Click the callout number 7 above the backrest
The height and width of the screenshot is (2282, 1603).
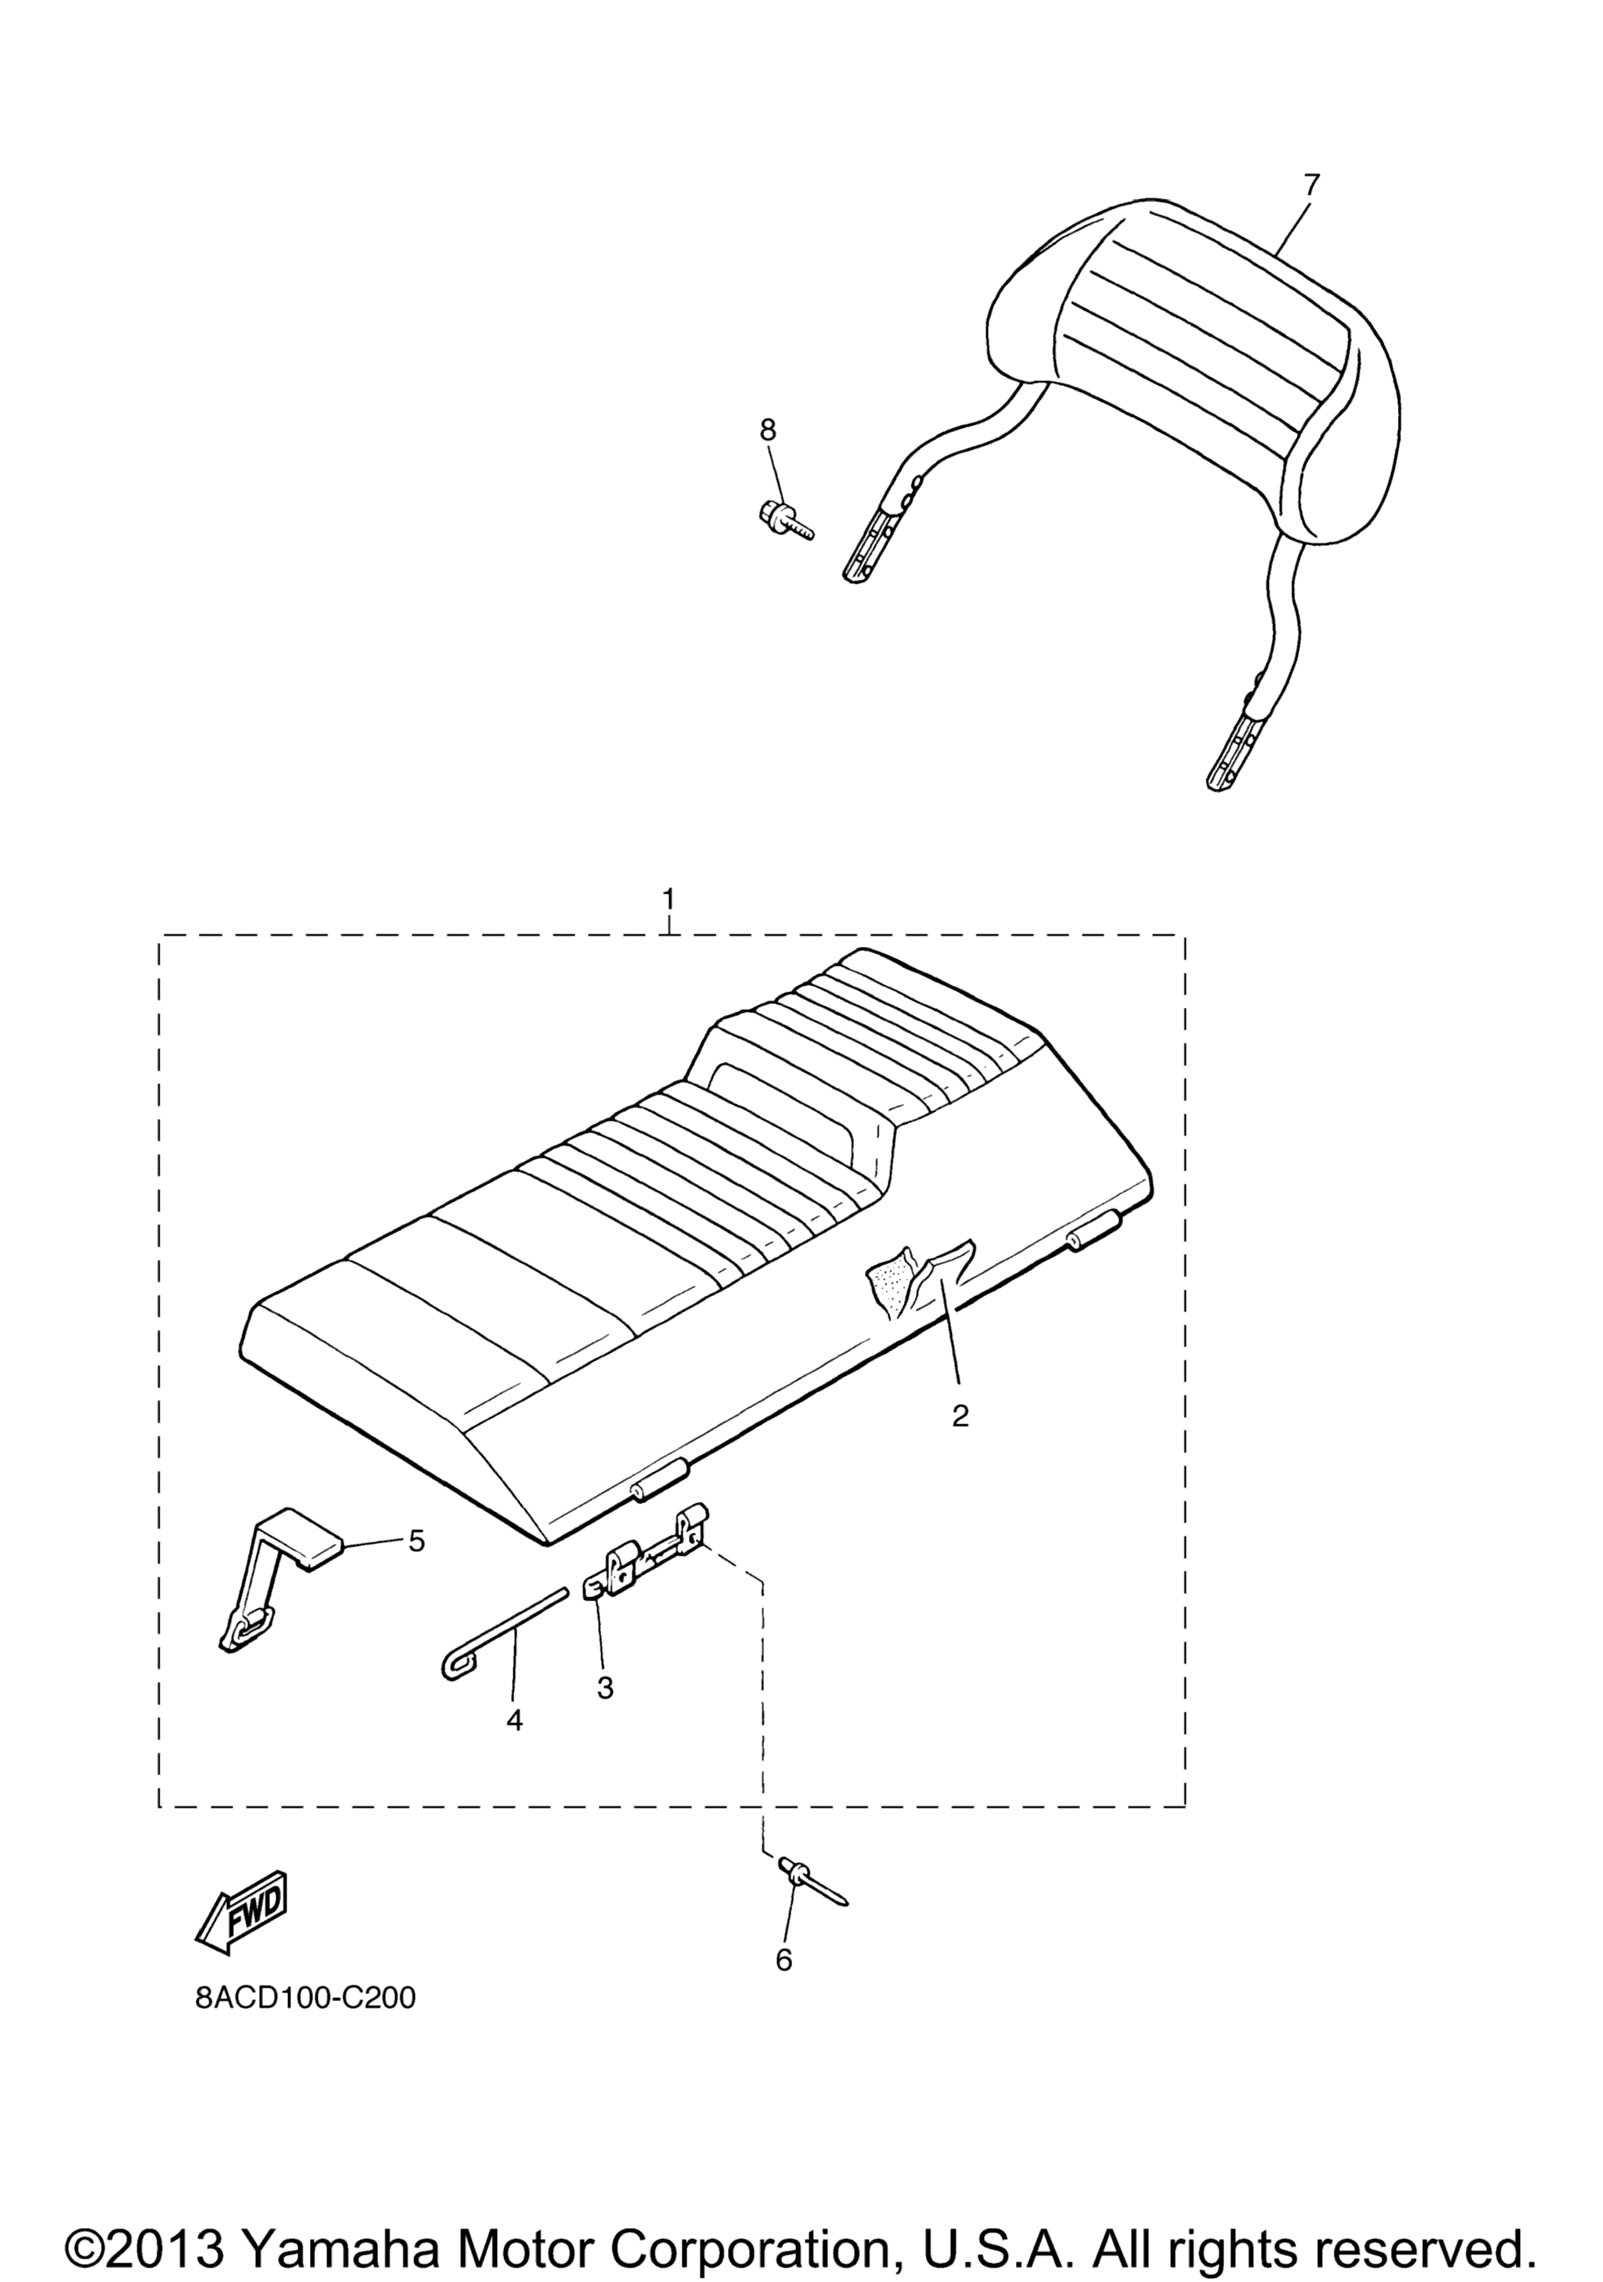tap(1311, 184)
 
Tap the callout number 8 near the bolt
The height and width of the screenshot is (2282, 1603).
tap(767, 430)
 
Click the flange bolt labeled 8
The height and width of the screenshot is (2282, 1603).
tap(784, 520)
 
